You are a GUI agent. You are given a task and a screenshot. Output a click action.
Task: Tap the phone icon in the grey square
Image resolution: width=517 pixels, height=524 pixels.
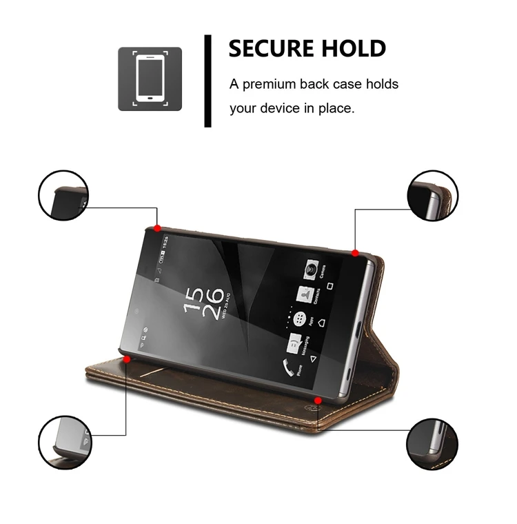(150, 79)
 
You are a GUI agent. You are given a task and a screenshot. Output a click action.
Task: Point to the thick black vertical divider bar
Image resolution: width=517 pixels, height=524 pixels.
(207, 81)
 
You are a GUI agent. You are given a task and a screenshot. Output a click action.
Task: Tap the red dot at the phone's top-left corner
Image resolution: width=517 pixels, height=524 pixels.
(157, 228)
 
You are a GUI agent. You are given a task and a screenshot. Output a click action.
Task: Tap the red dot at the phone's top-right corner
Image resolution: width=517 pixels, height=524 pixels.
(355, 253)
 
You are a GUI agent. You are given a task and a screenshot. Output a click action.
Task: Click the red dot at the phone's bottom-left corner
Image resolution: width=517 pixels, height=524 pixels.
(127, 359)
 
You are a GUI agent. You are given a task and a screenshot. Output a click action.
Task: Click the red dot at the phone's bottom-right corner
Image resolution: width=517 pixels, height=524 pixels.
(318, 399)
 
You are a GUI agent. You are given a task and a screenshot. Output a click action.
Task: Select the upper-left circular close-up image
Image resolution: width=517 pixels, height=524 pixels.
(63, 196)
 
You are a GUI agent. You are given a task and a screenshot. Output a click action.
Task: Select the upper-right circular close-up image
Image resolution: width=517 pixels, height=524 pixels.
(433, 196)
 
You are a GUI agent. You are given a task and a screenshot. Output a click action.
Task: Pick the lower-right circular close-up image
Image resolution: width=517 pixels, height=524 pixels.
(433, 443)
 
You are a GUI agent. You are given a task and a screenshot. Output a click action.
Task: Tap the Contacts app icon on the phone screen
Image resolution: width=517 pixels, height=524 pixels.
(304, 294)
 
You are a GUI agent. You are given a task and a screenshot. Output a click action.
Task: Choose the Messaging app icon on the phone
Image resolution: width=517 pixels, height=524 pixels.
(294, 343)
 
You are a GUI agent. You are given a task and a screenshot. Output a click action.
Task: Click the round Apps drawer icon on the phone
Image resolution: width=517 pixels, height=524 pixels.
(300, 319)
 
